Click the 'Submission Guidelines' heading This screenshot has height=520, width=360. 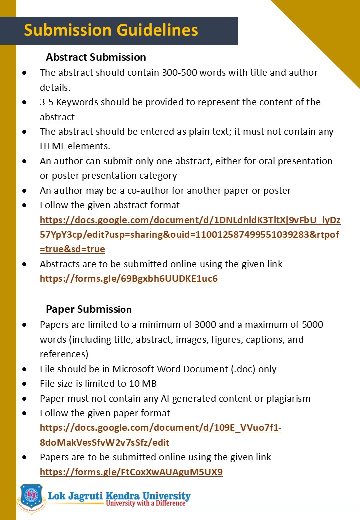coord(111,30)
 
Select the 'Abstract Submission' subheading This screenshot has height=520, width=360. coord(96,57)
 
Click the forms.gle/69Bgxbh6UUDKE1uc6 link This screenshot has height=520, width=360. coord(129,278)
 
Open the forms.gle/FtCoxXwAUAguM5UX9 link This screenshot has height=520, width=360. coord(131,472)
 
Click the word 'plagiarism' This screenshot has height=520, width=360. coord(287,398)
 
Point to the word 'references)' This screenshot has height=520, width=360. coord(64,354)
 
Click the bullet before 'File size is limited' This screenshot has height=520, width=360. coord(25,384)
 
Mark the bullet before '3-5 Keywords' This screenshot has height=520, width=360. coord(25,102)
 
